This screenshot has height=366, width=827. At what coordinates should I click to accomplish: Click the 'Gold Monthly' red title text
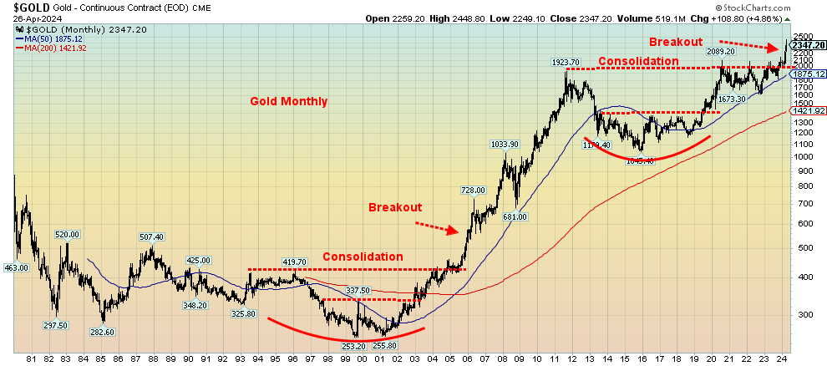pos(289,101)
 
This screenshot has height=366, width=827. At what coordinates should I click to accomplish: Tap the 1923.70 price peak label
pos(565,63)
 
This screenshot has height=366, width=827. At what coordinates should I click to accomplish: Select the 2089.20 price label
pos(721,52)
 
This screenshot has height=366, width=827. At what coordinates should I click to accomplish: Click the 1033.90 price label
pos(504,145)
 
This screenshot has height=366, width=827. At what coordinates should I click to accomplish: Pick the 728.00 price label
pos(473,191)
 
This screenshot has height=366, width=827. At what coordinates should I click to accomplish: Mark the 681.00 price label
pos(515,217)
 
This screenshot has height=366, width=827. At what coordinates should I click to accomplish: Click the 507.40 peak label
pos(151,236)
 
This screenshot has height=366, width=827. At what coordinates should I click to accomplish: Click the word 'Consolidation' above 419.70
pos(363,257)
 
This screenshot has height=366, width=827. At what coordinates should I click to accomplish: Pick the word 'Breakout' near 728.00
pos(395,207)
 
